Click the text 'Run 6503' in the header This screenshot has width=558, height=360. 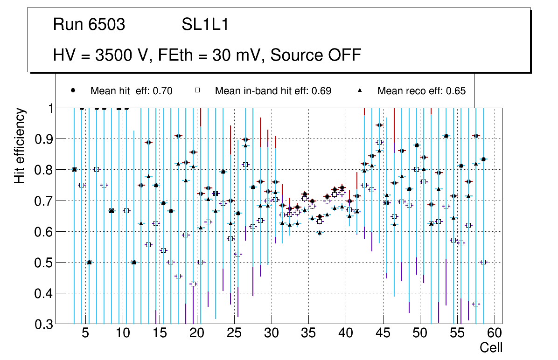tap(89, 25)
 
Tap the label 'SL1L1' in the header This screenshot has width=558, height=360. tap(205, 25)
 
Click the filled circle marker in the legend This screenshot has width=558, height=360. tap(73, 90)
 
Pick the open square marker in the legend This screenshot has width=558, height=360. tap(197, 90)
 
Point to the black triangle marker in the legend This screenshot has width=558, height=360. tap(360, 90)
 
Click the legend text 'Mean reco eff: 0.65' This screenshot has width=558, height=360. tap(421, 91)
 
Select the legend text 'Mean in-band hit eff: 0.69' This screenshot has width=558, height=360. tap(273, 91)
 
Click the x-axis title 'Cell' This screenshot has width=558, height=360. tap(491, 347)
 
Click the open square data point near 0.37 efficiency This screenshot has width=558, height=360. tap(476, 304)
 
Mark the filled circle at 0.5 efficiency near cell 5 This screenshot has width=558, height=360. tap(89, 262)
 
